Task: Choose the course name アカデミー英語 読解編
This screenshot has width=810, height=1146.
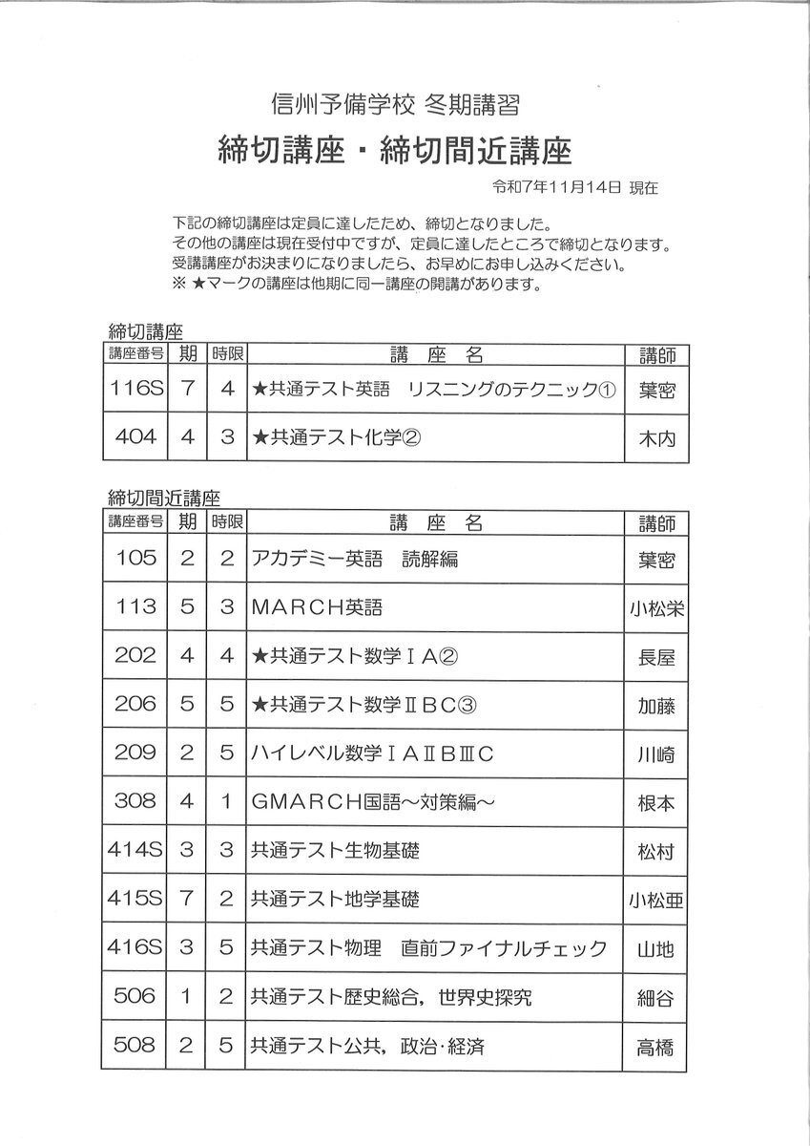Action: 354,559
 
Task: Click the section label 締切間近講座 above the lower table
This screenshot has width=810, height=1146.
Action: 165,498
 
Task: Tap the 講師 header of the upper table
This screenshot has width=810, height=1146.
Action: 655,355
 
